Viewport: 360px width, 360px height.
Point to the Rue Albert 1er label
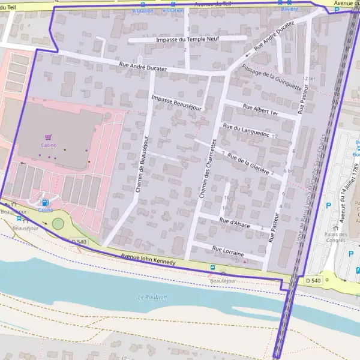point(261,110)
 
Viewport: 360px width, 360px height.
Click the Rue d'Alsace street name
point(235,223)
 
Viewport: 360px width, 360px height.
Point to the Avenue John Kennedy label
point(148,259)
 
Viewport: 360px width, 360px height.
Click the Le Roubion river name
point(152,297)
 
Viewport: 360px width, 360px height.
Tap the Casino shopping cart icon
point(49,137)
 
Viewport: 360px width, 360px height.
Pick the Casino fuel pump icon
point(46,203)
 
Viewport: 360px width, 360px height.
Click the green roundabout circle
point(58,223)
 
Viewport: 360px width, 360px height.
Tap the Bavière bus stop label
point(289,10)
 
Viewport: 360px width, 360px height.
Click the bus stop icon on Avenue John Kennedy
point(212,267)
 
